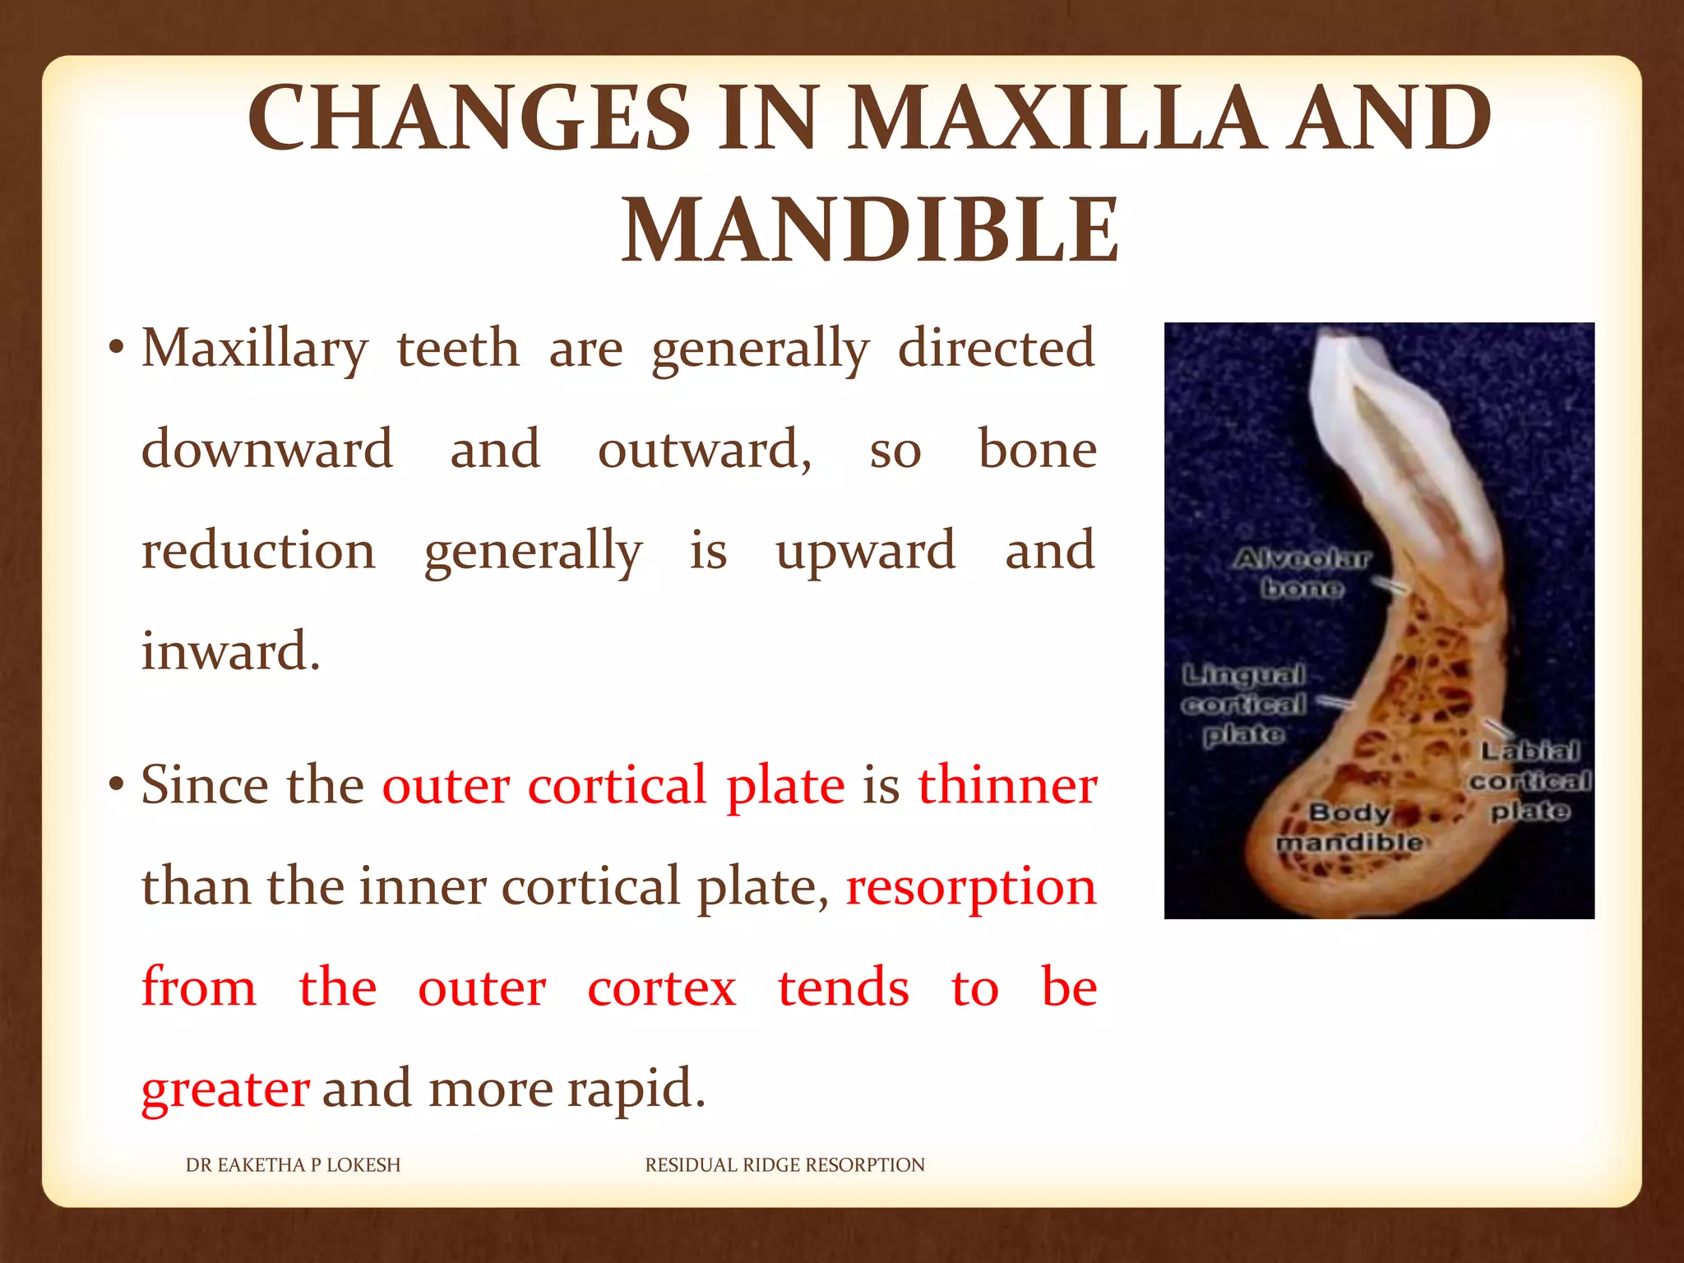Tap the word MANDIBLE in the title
(870, 231)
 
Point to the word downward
(267, 450)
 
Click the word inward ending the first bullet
(230, 651)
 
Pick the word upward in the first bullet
(866, 551)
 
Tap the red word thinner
(1007, 785)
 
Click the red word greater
(225, 1089)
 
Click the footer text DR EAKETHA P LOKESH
(293, 1165)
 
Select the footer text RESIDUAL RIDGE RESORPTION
(784, 1165)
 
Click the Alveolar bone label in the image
(1302, 573)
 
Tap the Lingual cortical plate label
(1243, 705)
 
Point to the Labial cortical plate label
(1530, 780)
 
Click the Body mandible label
(1349, 827)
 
